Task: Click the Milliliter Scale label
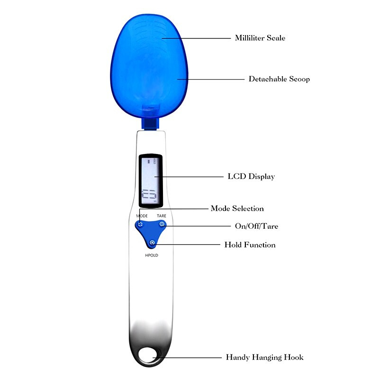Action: (260, 38)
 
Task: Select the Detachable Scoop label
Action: (279, 79)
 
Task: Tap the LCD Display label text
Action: (251, 177)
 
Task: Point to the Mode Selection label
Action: (237, 208)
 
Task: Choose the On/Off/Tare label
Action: (256, 226)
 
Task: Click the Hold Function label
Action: (250, 245)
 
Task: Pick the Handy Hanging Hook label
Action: (264, 357)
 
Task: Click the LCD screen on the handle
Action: (151, 180)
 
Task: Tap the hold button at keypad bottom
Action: (152, 243)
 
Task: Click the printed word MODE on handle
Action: (142, 216)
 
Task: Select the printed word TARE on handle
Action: (162, 216)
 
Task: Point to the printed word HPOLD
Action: (152, 255)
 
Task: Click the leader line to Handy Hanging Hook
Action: (189, 357)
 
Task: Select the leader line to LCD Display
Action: (189, 177)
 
